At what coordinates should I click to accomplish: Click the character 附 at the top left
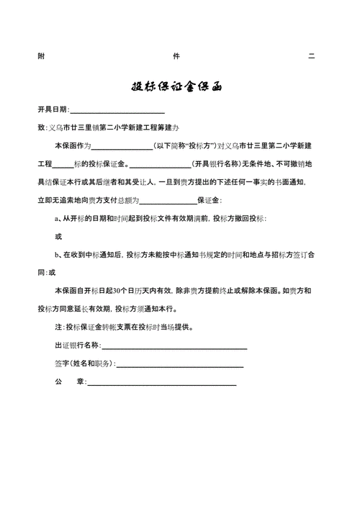(x=40, y=56)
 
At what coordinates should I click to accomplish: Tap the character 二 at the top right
(x=311, y=56)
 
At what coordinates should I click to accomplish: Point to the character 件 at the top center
(x=176, y=56)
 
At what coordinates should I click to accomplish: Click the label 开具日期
(x=53, y=109)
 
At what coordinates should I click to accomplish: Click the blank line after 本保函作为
(x=121, y=148)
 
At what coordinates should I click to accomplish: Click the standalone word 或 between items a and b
(x=58, y=236)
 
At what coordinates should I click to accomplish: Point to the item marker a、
(x=58, y=218)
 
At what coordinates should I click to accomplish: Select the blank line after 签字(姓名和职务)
(x=179, y=366)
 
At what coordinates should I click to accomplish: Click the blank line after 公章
(x=161, y=384)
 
